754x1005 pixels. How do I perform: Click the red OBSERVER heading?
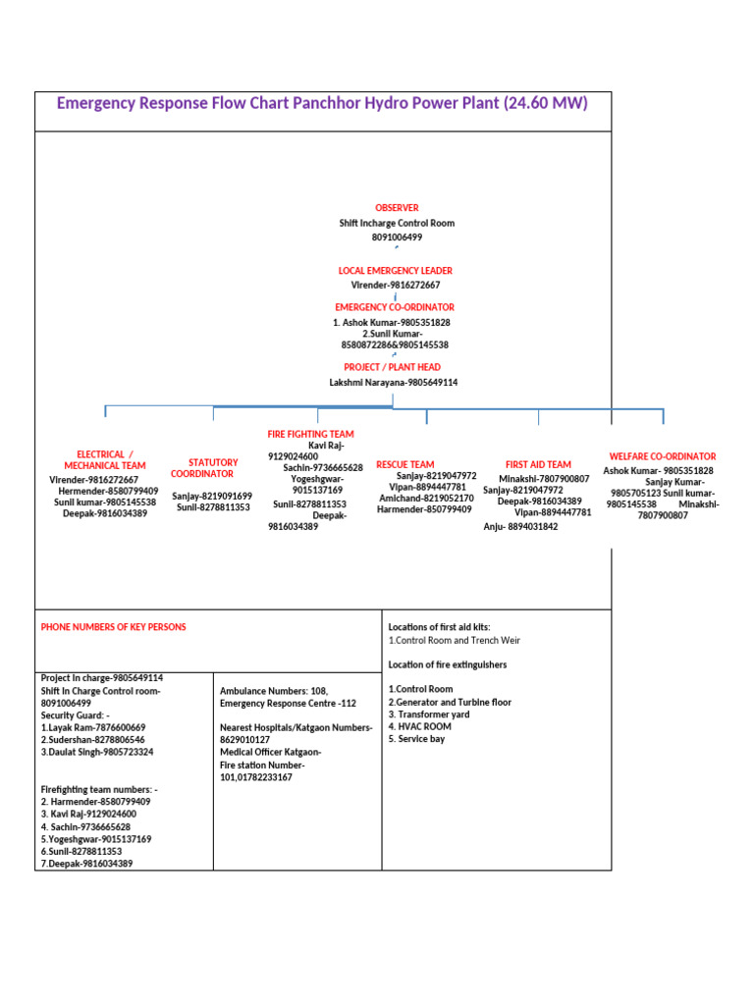[397, 208]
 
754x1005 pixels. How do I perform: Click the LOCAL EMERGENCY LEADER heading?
[396, 270]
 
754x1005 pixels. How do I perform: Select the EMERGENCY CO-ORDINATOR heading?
[395, 307]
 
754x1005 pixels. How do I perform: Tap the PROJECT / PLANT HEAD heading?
[392, 367]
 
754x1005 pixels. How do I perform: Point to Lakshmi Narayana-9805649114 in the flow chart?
[394, 382]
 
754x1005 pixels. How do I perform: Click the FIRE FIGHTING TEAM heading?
[310, 434]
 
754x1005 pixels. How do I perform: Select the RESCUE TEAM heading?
[404, 464]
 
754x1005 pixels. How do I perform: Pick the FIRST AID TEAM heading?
[538, 464]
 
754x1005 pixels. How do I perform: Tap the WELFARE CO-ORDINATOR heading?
[663, 456]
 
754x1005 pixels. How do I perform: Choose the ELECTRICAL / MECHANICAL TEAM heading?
[105, 460]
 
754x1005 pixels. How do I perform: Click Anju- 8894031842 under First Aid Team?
[520, 527]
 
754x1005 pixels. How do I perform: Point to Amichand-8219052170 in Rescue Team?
[426, 499]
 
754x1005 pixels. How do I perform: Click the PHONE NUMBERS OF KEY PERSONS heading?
[113, 627]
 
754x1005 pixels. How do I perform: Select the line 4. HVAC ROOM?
[420, 726]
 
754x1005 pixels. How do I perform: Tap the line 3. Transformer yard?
[428, 714]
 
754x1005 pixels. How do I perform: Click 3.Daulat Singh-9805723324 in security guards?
[97, 752]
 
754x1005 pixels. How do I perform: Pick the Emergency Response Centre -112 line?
[288, 704]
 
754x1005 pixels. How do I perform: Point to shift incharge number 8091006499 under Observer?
[397, 238]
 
